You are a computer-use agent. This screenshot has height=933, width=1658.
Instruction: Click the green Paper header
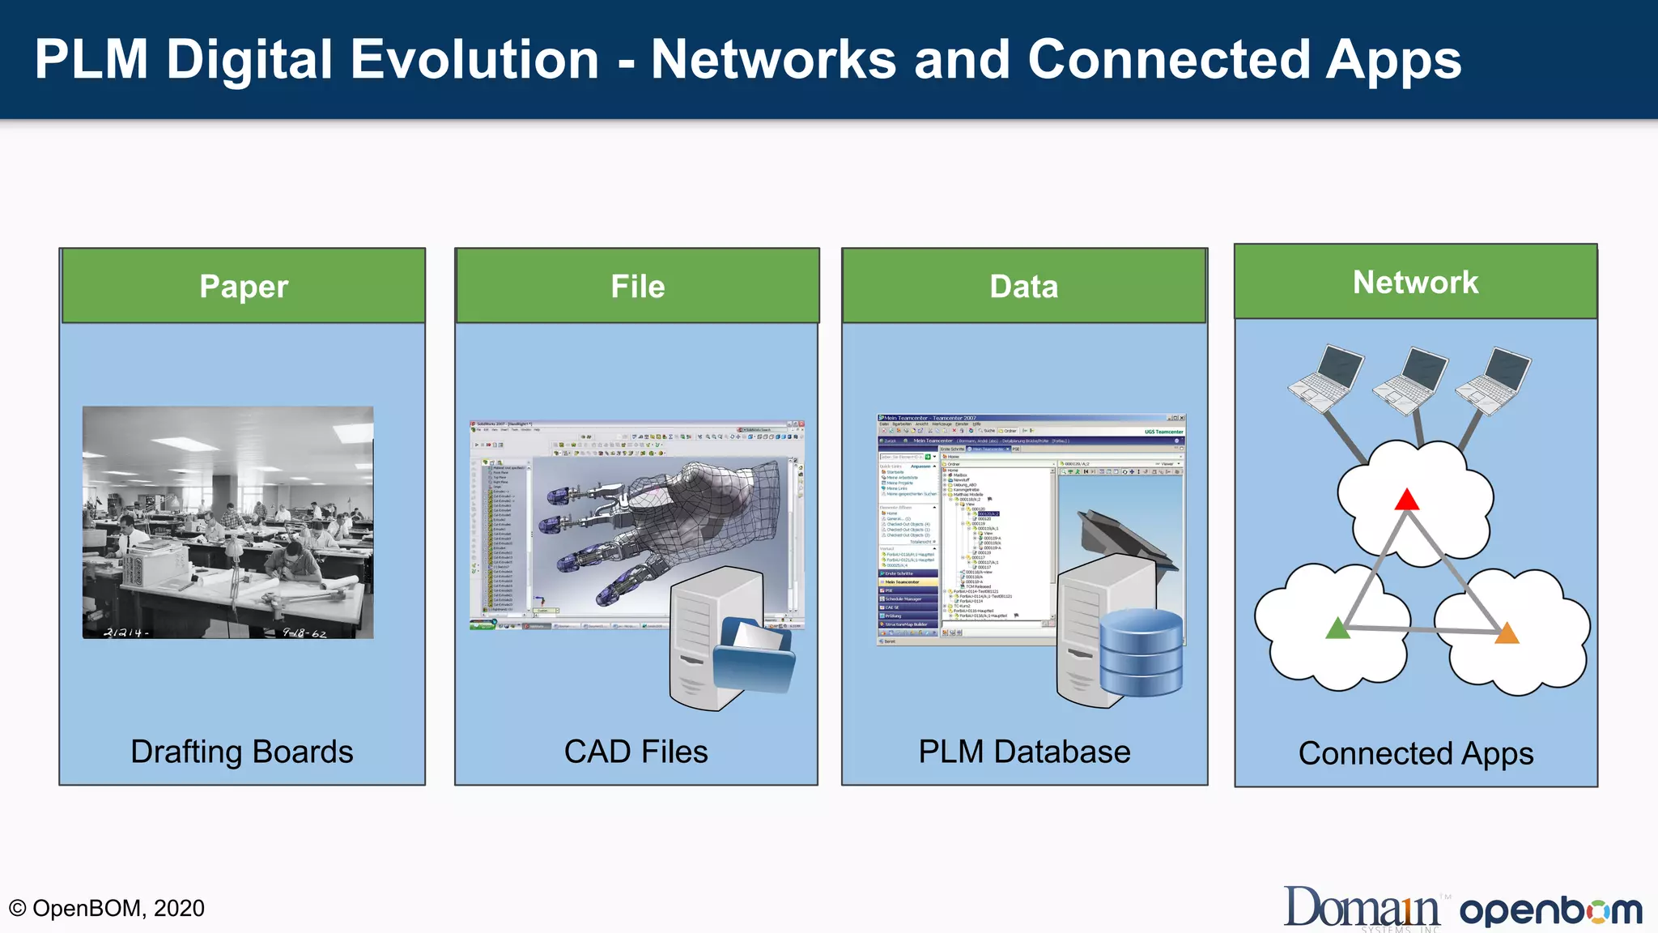click(x=243, y=286)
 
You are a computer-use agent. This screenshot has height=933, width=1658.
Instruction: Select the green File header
click(x=637, y=286)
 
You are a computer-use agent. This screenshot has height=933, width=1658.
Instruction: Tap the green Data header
click(x=1024, y=286)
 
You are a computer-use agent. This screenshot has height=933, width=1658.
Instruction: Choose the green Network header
click(x=1415, y=282)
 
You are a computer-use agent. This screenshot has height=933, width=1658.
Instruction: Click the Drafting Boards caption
click(x=242, y=752)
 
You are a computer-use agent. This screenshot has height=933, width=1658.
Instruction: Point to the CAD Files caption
click(x=636, y=752)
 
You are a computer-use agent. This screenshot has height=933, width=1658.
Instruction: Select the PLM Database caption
click(x=1024, y=752)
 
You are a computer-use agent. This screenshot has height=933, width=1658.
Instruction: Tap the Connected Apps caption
click(x=1416, y=753)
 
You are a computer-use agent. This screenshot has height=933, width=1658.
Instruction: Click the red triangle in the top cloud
click(x=1407, y=501)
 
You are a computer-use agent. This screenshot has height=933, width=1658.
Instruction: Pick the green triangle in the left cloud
click(x=1337, y=628)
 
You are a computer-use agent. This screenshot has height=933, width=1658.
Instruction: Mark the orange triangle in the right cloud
click(x=1507, y=633)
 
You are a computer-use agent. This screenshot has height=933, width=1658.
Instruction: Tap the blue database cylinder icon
click(x=1141, y=653)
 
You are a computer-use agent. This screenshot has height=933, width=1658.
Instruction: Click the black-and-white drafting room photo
click(x=228, y=522)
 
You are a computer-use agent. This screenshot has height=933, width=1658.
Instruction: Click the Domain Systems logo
click(x=1362, y=907)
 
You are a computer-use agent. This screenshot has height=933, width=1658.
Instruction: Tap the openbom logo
click(x=1550, y=911)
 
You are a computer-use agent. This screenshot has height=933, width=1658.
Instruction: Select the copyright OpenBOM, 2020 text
click(x=107, y=908)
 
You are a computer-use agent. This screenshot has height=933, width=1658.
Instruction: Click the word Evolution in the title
click(x=475, y=60)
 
